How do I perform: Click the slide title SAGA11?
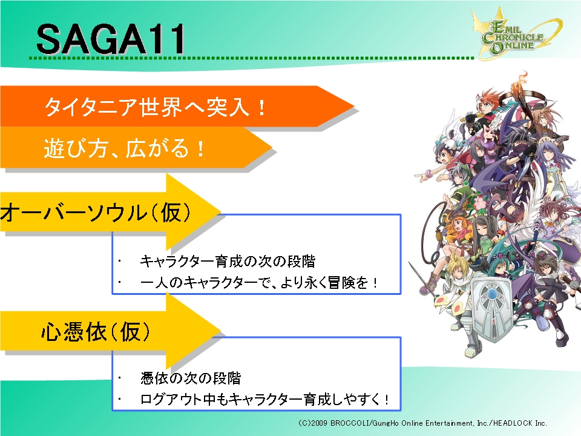click(x=110, y=39)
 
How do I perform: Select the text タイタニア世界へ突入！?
click(x=155, y=107)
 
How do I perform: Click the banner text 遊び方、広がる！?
click(x=124, y=148)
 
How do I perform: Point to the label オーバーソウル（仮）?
click(x=96, y=213)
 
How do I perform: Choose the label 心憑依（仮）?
click(x=96, y=331)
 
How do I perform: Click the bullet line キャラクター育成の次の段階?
click(x=228, y=262)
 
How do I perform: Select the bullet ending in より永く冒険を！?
click(x=258, y=283)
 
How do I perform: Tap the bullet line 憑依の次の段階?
click(x=191, y=378)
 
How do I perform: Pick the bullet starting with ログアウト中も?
click(x=264, y=400)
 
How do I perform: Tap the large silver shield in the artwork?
click(x=491, y=308)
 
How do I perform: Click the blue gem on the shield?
click(x=492, y=294)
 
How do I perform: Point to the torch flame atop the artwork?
click(x=522, y=80)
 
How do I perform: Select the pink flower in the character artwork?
click(x=480, y=203)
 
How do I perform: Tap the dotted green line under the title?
click(x=252, y=58)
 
